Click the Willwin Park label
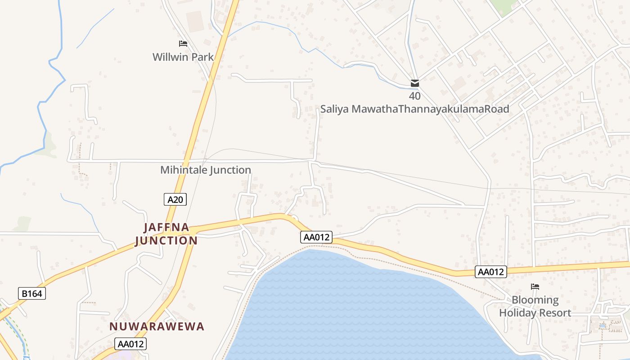183,57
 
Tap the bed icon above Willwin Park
183,44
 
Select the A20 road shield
175,199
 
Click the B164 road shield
32,294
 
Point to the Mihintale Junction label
206,170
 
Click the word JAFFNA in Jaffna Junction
166,227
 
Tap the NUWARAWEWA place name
157,327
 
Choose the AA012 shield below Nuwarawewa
130,344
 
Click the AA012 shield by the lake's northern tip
316,237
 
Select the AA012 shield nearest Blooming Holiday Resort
491,272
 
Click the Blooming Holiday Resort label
535,306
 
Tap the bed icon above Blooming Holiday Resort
535,286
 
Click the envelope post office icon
415,83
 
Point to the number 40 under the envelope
415,96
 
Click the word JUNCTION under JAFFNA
166,241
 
